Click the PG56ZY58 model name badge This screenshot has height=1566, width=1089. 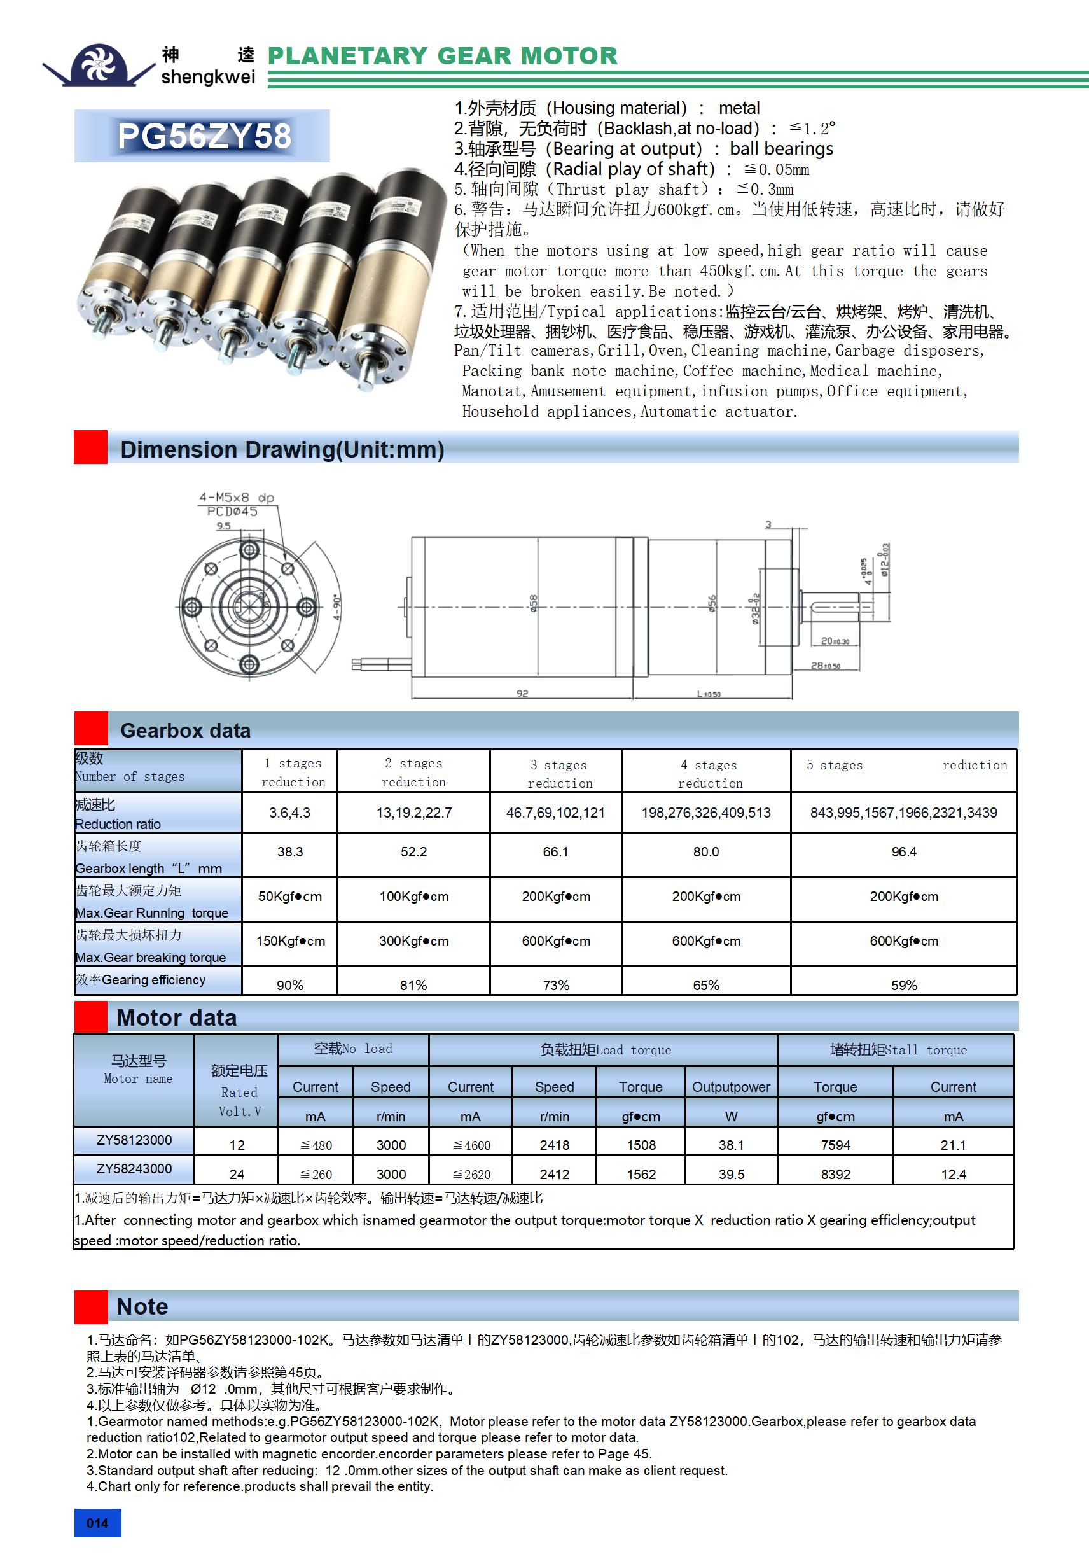tap(202, 136)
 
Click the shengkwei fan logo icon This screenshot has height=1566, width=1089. tap(100, 64)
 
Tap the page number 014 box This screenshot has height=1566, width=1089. tap(97, 1523)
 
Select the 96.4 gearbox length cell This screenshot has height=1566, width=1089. tap(903, 852)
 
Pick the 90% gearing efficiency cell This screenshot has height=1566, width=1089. tap(290, 985)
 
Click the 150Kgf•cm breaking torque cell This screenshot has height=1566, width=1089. tap(291, 941)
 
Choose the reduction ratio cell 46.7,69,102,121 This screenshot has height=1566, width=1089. tap(555, 813)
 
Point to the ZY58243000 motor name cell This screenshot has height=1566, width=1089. tap(134, 1168)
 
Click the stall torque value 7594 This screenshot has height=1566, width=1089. tap(835, 1145)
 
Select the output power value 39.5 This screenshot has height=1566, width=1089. tap(731, 1174)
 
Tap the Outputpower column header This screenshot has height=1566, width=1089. tap(731, 1086)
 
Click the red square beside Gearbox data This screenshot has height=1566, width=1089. tap(91, 729)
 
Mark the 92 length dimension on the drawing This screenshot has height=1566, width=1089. tap(522, 694)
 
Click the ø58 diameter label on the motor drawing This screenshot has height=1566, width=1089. tap(534, 603)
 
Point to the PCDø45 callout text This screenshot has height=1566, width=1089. tap(232, 512)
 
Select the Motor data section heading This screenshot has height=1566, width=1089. tap(177, 1017)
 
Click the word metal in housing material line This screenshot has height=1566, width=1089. tap(739, 108)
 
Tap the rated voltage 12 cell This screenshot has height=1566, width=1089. tap(237, 1145)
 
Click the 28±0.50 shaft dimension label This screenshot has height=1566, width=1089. tap(825, 665)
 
